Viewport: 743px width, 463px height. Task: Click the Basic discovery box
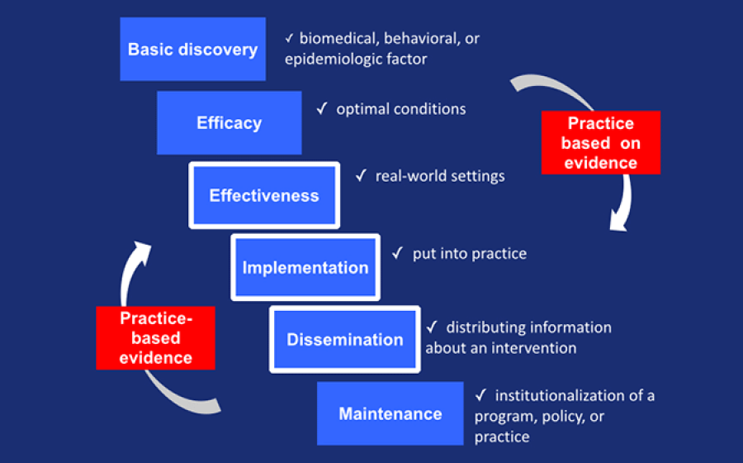pos(192,50)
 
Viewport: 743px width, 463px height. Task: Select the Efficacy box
pos(229,123)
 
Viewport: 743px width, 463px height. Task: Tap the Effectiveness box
pos(263,196)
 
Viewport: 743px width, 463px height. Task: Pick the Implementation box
pos(305,268)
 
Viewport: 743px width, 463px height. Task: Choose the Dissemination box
pos(344,340)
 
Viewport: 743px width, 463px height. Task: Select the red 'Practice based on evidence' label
pos(600,143)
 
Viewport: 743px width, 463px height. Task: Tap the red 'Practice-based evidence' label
pos(155,337)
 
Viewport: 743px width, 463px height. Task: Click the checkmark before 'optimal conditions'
pos(322,109)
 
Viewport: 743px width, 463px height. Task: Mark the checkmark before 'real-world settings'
pos(361,176)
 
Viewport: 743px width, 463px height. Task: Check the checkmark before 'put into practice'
pos(397,253)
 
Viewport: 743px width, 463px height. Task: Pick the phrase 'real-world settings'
pos(439,176)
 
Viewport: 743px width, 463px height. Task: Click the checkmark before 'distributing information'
pos(431,327)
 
